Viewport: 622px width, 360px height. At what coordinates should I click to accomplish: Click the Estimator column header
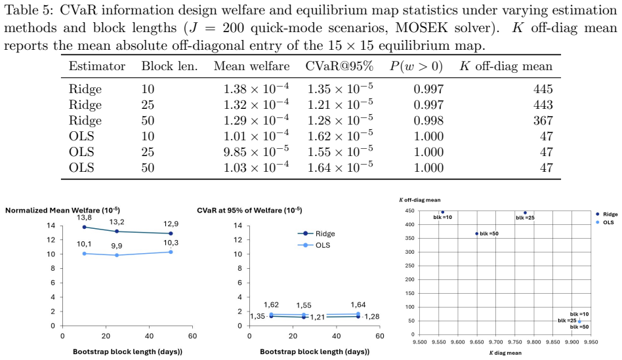click(97, 66)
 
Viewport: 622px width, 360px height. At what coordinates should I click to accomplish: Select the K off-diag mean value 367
click(543, 121)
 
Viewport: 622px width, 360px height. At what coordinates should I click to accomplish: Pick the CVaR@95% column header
click(339, 66)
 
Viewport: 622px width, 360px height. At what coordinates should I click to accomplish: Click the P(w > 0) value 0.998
click(428, 121)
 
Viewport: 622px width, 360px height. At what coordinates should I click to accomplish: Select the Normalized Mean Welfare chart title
click(63, 210)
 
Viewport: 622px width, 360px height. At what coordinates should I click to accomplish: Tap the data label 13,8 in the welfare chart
click(84, 218)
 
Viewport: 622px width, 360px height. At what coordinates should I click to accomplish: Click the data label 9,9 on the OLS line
click(117, 246)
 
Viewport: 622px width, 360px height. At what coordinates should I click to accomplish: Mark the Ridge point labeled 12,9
click(171, 233)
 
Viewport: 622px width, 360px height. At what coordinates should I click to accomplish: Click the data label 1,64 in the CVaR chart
click(358, 305)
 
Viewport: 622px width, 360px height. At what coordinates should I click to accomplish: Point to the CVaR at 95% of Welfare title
click(249, 210)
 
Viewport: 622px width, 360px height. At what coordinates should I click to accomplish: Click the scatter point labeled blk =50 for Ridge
click(477, 233)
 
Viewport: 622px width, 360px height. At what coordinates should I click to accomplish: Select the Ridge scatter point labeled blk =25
click(525, 213)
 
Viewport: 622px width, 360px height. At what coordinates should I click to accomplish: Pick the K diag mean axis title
click(505, 353)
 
